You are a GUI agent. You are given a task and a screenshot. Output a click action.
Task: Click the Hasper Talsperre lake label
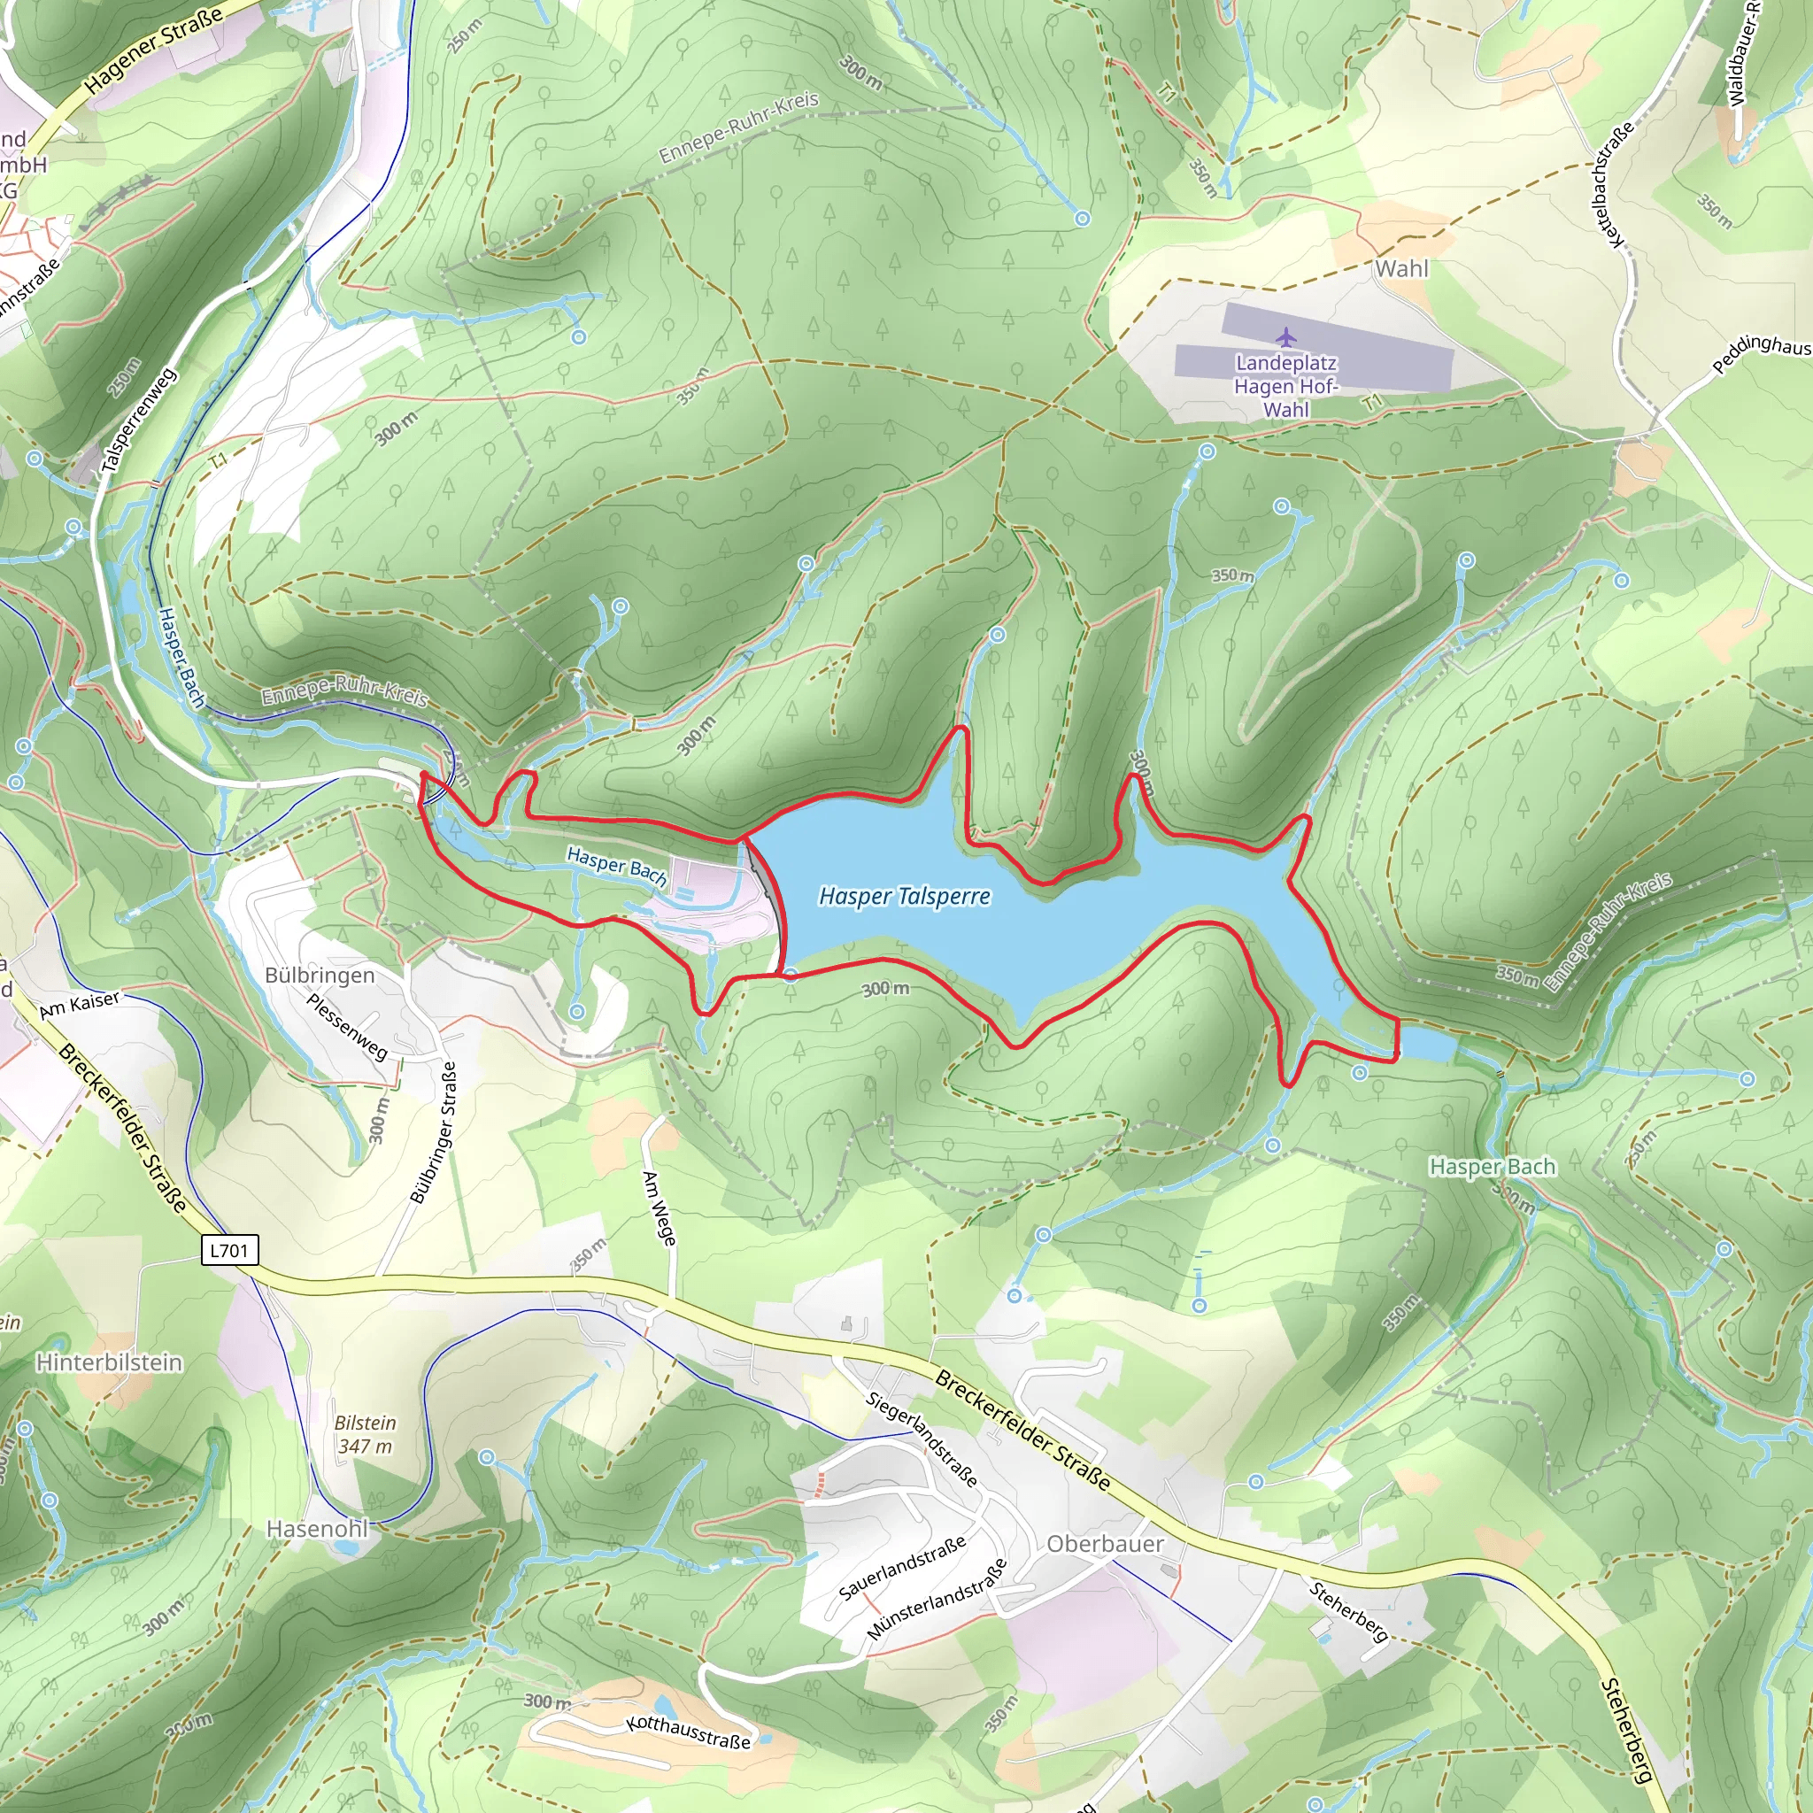tap(905, 896)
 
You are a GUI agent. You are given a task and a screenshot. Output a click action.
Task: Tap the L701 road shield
tap(229, 1250)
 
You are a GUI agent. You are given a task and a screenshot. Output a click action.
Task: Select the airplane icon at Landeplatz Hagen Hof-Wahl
tap(1285, 336)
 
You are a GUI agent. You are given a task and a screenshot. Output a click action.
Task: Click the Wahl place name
tap(1401, 268)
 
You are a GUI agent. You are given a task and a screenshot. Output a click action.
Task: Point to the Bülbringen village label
tap(319, 975)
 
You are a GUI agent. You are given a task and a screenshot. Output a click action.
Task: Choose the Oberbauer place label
tap(1105, 1544)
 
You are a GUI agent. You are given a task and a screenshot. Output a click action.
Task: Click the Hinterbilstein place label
tap(109, 1362)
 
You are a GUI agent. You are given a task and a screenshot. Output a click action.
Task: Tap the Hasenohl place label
tap(317, 1529)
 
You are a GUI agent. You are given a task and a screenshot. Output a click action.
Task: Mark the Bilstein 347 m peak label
tap(365, 1434)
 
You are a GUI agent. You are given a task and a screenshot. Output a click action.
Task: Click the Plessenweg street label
tap(347, 1027)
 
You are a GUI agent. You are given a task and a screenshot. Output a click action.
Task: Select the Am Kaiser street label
tap(80, 1004)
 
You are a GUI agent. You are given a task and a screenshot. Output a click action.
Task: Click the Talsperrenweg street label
tap(138, 420)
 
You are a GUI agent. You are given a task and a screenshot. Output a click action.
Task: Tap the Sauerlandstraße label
tap(902, 1568)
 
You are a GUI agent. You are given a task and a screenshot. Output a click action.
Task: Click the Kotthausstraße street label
tap(689, 1732)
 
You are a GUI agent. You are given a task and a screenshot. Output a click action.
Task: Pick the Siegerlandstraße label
tap(922, 1439)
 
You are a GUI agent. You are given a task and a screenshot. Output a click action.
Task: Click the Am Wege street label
tap(659, 1207)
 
